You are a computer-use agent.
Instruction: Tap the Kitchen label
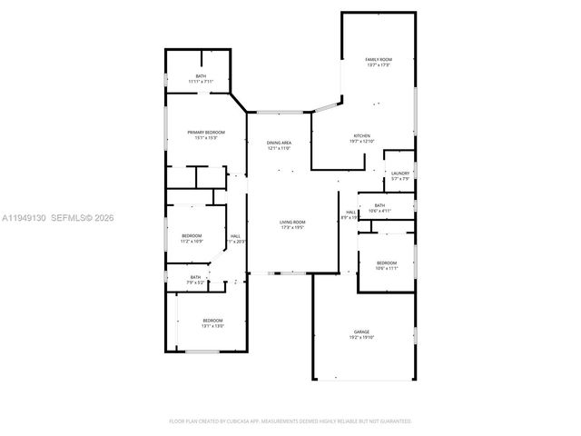362,136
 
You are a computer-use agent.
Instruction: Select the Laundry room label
400,173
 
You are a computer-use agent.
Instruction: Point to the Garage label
362,332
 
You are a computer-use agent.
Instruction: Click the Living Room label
292,223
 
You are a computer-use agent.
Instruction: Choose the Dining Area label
279,143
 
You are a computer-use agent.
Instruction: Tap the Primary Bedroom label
206,133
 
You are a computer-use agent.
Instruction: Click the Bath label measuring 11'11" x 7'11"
201,76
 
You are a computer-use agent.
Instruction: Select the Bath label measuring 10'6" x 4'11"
379,205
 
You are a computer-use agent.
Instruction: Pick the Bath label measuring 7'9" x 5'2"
195,277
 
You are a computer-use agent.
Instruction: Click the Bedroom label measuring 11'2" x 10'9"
191,236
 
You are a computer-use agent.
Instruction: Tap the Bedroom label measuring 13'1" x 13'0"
212,321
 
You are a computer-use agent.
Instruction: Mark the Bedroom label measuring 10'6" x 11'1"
387,263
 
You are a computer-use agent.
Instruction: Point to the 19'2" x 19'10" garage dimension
362,338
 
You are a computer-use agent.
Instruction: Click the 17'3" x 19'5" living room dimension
292,228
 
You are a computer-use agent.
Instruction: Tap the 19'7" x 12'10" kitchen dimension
362,142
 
